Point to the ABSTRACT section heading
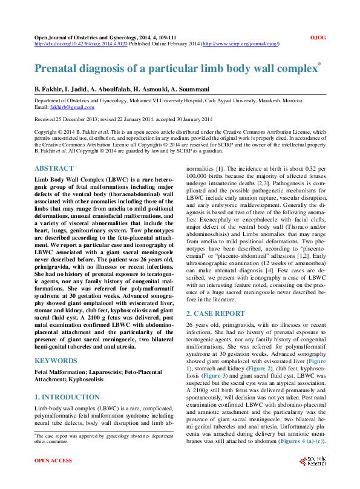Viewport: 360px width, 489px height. click(54, 168)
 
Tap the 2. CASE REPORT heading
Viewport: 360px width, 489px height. click(215, 313)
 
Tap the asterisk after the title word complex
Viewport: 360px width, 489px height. click(319, 64)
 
